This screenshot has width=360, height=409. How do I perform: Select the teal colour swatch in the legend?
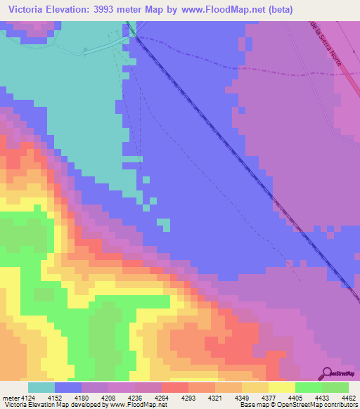(x=41, y=387)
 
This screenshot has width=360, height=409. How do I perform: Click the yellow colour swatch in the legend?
(x=281, y=387)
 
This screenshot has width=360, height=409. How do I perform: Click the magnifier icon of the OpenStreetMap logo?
(x=325, y=372)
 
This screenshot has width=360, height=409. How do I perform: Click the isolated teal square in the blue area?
(x=163, y=224)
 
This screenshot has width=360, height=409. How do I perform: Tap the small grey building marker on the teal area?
(x=86, y=49)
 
